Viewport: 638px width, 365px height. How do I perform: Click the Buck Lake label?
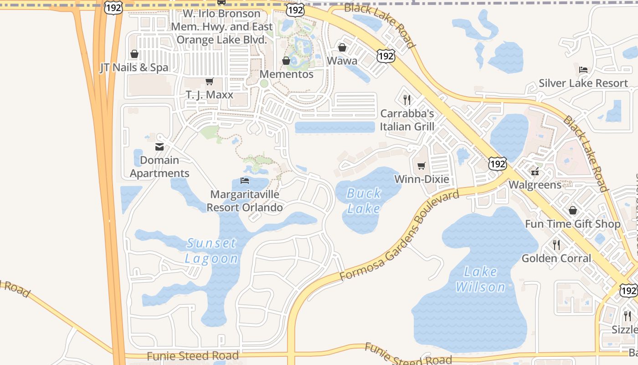pyautogui.click(x=364, y=201)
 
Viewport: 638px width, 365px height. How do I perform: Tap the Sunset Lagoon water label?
pyautogui.click(x=211, y=250)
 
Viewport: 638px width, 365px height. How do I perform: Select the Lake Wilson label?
pyautogui.click(x=480, y=279)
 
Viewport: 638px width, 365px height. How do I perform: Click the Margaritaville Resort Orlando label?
pyautogui.click(x=245, y=201)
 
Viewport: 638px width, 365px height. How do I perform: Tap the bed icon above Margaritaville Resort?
pyautogui.click(x=245, y=181)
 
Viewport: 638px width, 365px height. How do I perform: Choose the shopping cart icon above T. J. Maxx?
pyautogui.click(x=209, y=82)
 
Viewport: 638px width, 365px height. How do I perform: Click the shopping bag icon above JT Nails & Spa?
pyautogui.click(x=134, y=54)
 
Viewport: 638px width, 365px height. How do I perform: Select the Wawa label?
pyautogui.click(x=342, y=60)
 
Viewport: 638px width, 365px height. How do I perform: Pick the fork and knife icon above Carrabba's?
pyautogui.click(x=407, y=100)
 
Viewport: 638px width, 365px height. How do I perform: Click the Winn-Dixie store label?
pyautogui.click(x=422, y=179)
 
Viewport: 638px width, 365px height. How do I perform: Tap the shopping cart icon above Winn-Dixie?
pyautogui.click(x=422, y=166)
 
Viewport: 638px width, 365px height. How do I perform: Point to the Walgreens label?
pyautogui.click(x=535, y=185)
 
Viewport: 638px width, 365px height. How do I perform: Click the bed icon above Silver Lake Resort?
pyautogui.click(x=583, y=70)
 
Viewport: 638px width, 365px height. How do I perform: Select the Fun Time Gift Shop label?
pyautogui.click(x=572, y=224)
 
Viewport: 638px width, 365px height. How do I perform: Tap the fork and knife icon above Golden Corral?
pyautogui.click(x=556, y=245)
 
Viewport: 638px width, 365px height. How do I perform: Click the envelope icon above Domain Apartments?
pyautogui.click(x=159, y=147)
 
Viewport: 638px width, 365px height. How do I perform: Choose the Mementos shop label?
pyautogui.click(x=286, y=74)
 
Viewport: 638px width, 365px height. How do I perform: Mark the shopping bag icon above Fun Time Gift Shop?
pyautogui.click(x=572, y=210)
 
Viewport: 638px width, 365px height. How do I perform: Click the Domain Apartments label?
pyautogui.click(x=159, y=167)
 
